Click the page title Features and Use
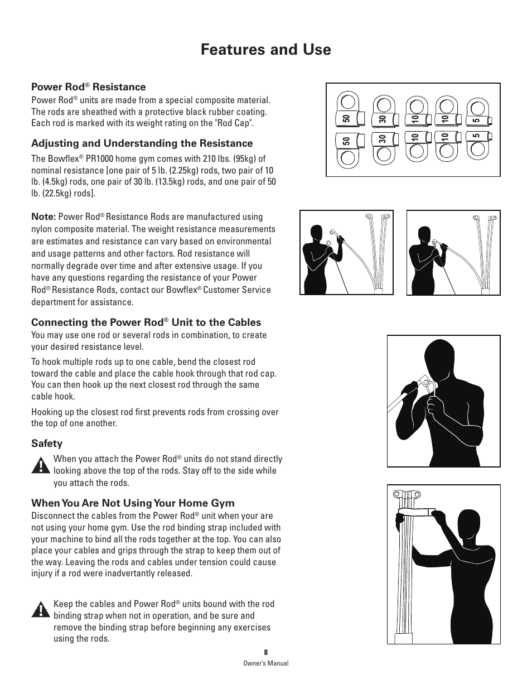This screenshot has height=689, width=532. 265,50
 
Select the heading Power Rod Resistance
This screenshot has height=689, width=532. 88,87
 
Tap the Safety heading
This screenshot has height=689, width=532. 47,444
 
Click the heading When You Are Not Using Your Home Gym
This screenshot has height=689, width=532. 133,503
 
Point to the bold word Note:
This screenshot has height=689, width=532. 43,216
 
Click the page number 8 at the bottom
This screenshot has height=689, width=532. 266,652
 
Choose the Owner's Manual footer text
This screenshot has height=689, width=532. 266,663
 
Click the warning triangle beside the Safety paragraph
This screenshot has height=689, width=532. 40,465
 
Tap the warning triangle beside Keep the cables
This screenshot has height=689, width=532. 40,610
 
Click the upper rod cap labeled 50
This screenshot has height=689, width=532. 347,112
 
